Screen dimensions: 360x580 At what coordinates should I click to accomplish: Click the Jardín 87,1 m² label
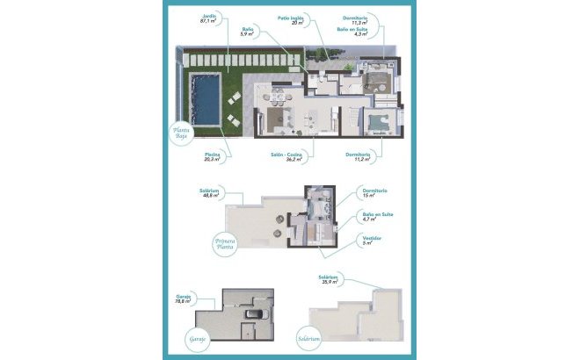click(x=207, y=18)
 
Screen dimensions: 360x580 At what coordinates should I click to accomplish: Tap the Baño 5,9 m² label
click(x=247, y=33)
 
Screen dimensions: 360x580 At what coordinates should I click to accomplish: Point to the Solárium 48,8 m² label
click(x=210, y=192)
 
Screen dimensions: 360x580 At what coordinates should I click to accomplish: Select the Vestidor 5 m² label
click(x=371, y=239)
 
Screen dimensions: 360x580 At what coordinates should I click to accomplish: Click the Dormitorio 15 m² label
click(x=373, y=192)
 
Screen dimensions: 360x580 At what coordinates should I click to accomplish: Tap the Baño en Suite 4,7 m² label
click(x=375, y=216)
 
